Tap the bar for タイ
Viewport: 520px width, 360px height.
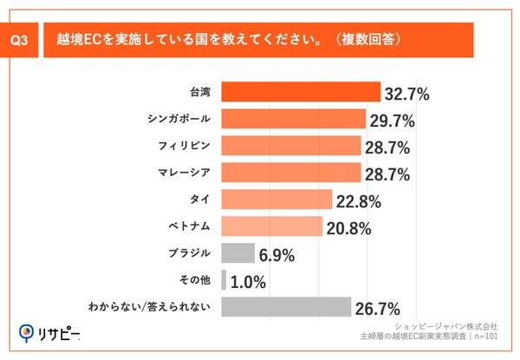pyautogui.click(x=276, y=200)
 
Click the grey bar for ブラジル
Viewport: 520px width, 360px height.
pyautogui.click(x=238, y=253)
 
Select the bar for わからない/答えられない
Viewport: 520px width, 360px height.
pyautogui.click(x=286, y=307)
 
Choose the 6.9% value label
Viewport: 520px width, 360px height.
pyautogui.click(x=277, y=256)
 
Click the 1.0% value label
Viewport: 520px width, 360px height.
pyautogui.click(x=250, y=283)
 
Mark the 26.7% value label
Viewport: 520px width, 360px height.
pyautogui.click(x=379, y=310)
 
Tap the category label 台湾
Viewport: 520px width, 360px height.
pyautogui.click(x=201, y=91)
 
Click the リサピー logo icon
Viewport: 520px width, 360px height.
pyautogui.click(x=26, y=332)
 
